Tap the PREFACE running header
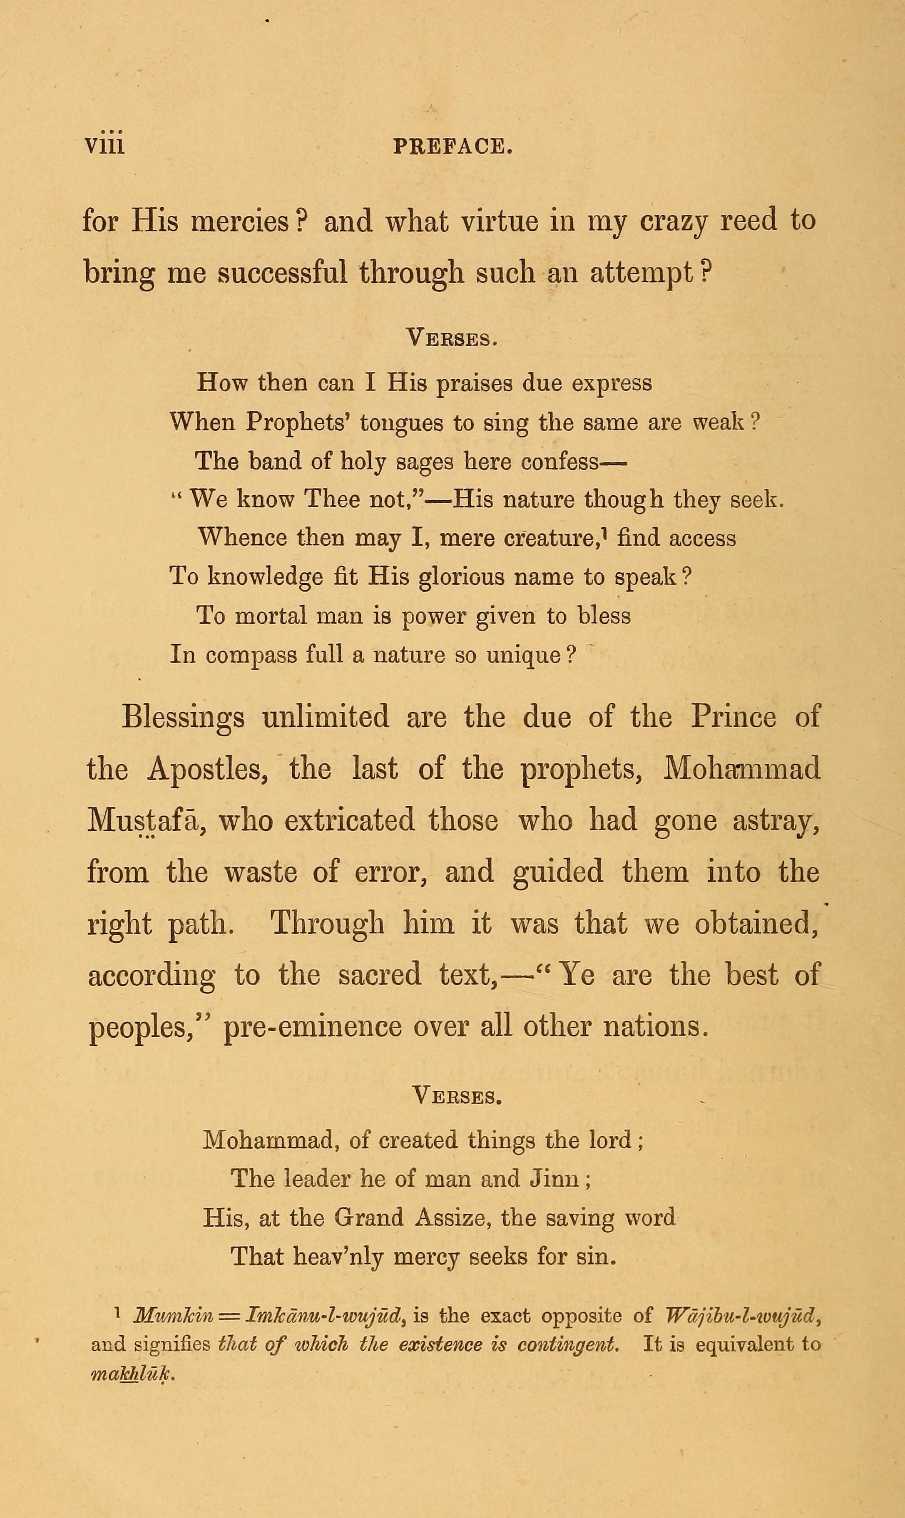(452, 147)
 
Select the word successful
(282, 273)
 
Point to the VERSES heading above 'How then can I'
(452, 337)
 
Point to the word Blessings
(183, 716)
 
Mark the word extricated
(349, 820)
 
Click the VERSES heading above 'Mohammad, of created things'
(457, 1097)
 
